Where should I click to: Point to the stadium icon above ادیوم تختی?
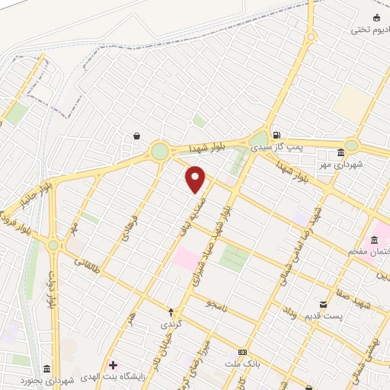tap(376, 18)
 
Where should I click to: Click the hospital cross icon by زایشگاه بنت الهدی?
tap(113, 366)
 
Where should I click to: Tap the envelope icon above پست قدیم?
tap(324, 304)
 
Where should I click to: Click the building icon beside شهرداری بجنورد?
tap(46, 369)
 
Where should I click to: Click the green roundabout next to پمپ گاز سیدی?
tap(258, 138)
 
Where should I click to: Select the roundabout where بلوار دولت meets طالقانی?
tap(53, 245)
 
